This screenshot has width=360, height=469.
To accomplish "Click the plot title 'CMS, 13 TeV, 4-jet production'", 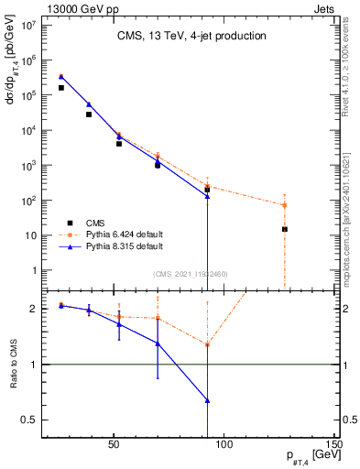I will (x=191, y=37).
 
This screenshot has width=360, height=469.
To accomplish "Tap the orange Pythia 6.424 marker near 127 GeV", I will (x=285, y=205).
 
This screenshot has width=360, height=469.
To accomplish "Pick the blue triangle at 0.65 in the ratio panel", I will (x=208, y=400).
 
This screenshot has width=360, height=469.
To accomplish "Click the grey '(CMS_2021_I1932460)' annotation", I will (x=191, y=274).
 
